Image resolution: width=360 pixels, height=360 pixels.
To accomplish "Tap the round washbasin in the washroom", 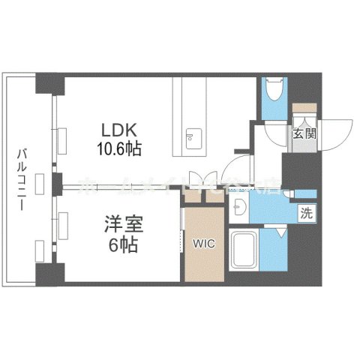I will (x=241, y=206).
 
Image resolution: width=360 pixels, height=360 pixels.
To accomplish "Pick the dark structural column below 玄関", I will (x=298, y=169).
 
